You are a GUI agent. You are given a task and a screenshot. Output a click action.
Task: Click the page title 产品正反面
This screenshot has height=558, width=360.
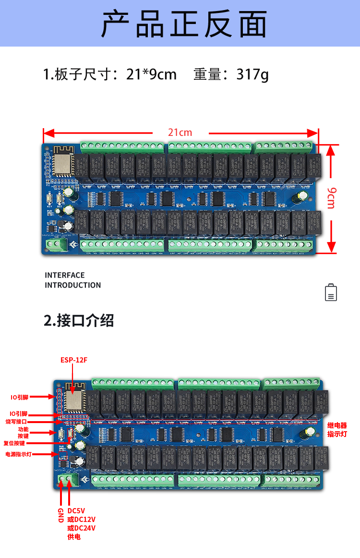tap(184, 24)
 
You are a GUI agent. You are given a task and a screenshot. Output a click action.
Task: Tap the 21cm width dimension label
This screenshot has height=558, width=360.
tap(180, 133)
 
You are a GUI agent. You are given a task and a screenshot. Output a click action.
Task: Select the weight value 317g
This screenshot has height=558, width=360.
tap(252, 74)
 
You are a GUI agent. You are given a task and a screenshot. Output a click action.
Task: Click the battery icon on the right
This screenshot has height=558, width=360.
tap(331, 292)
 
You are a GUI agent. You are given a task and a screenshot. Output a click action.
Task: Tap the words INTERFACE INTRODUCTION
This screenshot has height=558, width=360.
tap(72, 280)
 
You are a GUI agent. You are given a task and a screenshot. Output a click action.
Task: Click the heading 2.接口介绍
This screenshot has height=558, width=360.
tap(79, 320)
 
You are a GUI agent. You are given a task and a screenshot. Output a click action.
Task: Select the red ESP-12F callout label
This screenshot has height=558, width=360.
tap(73, 360)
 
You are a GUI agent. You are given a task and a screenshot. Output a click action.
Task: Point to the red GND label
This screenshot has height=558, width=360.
tap(60, 514)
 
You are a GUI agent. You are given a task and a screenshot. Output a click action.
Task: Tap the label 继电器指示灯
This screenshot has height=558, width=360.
tap(337, 429)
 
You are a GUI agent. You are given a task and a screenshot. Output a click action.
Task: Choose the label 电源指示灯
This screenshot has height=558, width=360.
tap(18, 454)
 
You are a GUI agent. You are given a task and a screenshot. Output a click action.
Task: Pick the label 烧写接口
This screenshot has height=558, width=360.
tap(16, 421)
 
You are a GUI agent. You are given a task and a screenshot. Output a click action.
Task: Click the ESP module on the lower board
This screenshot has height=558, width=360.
tap(74, 400)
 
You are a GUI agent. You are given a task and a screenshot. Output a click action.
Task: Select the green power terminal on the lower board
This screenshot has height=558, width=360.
tap(67, 480)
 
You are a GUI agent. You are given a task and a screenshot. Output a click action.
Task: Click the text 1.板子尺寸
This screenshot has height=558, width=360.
tap(77, 74)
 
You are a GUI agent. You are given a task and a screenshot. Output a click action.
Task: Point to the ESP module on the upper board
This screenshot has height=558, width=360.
tap(61, 163)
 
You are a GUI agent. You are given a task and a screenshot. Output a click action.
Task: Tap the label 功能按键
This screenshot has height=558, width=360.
tap(23, 432)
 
